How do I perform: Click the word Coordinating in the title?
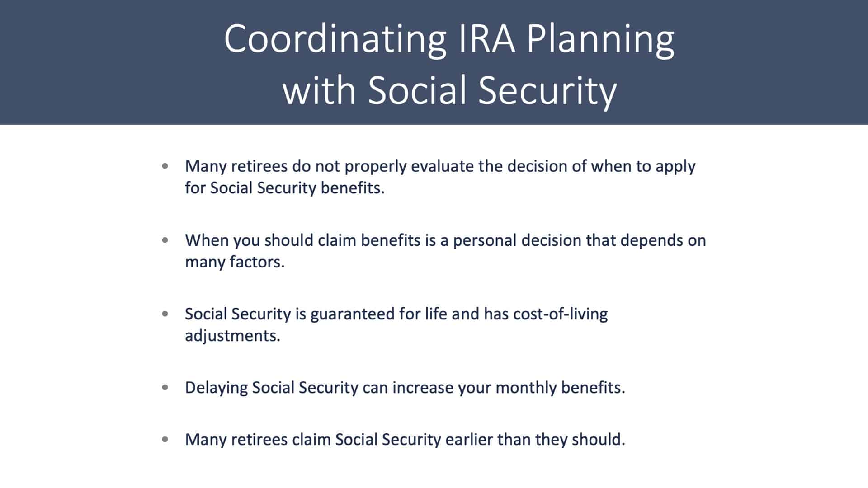[x=335, y=39]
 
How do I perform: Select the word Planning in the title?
[x=601, y=40]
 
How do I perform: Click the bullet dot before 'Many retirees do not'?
[x=165, y=166]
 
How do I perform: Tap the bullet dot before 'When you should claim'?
[x=165, y=240]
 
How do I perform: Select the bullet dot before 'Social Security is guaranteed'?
[x=165, y=314]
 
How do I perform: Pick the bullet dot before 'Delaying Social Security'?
[x=165, y=387]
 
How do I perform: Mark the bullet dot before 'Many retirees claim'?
[x=165, y=439]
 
